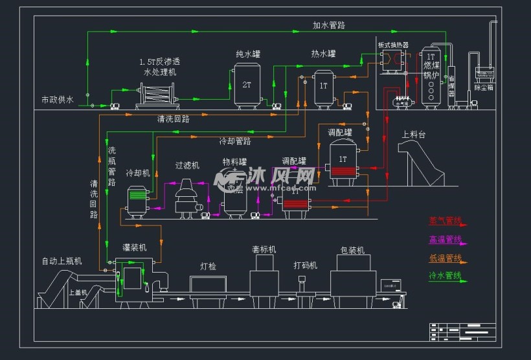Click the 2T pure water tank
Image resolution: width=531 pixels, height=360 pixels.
(x=247, y=84)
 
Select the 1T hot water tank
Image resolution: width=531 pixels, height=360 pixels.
(x=324, y=87)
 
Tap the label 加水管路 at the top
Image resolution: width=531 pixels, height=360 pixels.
(x=328, y=26)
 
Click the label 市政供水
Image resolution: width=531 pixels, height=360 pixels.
(x=58, y=100)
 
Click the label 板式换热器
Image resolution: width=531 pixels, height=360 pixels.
(x=392, y=45)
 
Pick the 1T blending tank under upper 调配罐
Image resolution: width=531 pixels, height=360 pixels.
(x=343, y=163)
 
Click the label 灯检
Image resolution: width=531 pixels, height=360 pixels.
(x=208, y=266)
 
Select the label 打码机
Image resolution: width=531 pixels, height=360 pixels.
(x=305, y=265)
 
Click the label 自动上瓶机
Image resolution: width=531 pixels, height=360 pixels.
(x=62, y=262)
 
